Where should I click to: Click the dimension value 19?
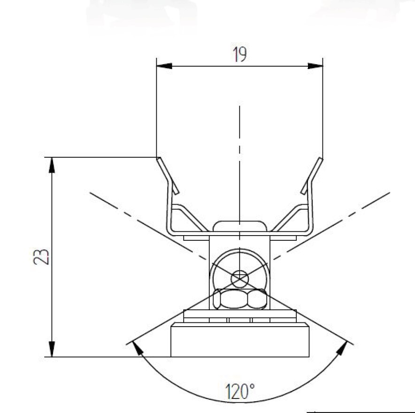(239, 55)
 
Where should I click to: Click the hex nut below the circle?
(239, 299)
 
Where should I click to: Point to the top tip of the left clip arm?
(160, 159)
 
